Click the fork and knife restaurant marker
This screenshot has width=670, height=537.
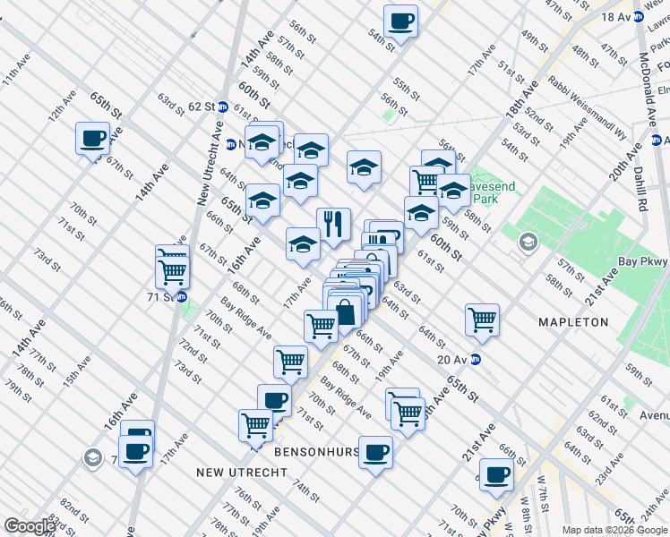click(x=333, y=225)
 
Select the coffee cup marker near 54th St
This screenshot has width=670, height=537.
click(x=400, y=21)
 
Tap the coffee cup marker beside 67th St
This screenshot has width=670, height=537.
click(x=93, y=138)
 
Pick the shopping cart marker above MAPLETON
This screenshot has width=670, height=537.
click(x=482, y=320)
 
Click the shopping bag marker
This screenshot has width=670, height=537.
click(x=346, y=313)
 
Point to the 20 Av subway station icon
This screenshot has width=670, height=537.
click(x=477, y=360)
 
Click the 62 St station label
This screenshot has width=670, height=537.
click(x=202, y=106)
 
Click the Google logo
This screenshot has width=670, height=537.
click(x=30, y=526)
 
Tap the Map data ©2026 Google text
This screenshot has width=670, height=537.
click(x=614, y=530)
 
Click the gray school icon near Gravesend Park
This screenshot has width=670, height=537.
click(x=528, y=242)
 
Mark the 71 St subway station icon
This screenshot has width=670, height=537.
click(x=182, y=297)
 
